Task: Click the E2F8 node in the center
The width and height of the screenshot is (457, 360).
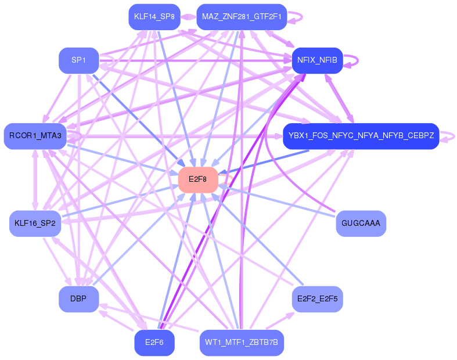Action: (198, 179)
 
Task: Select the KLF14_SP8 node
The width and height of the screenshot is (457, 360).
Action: (154, 16)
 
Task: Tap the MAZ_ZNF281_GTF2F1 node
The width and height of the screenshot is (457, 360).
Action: (242, 16)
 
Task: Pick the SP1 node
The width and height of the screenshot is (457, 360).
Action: (78, 60)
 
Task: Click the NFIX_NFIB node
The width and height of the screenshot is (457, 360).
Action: (317, 60)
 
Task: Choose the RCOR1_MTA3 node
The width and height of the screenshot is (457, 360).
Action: (35, 136)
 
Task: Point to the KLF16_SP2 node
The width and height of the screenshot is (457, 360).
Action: (35, 224)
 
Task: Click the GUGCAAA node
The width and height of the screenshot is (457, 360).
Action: (361, 224)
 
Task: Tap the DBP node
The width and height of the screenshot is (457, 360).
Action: (78, 299)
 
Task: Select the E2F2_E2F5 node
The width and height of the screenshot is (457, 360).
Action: (317, 299)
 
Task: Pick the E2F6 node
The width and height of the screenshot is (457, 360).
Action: (154, 343)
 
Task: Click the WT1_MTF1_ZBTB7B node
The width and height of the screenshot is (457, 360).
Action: (242, 343)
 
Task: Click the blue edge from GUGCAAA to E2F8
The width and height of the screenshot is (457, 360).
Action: (279, 201)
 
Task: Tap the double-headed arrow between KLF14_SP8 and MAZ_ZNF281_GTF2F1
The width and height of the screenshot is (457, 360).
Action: (188, 16)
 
